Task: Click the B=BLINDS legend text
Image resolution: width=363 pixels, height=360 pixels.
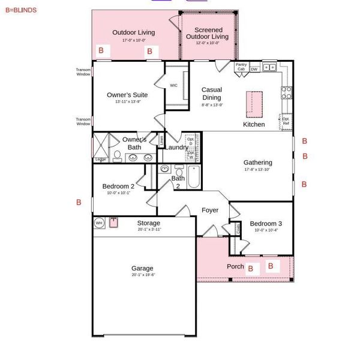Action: pyautogui.click(x=21, y=10)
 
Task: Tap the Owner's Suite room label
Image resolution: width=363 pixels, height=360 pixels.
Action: pyautogui.click(x=127, y=95)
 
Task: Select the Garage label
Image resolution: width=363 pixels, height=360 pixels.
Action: pyautogui.click(x=143, y=268)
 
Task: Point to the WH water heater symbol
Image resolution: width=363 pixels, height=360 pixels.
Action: pyautogui.click(x=99, y=223)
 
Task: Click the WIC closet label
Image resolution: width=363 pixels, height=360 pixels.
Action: pyautogui.click(x=174, y=86)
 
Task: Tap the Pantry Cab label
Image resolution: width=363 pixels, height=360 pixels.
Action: pyautogui.click(x=241, y=67)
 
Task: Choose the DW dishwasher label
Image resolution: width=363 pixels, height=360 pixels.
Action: pyautogui.click(x=254, y=69)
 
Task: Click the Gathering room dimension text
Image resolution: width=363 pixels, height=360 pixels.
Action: pyautogui.click(x=258, y=170)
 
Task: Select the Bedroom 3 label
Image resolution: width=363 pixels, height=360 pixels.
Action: pyautogui.click(x=266, y=223)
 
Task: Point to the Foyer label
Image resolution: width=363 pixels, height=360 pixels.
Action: pyautogui.click(x=210, y=211)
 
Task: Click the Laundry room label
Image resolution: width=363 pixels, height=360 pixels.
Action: pyautogui.click(x=176, y=148)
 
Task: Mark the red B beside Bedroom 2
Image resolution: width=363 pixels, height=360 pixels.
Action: pyautogui.click(x=79, y=203)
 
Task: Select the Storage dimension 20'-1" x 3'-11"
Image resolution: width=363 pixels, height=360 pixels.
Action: pyautogui.click(x=148, y=229)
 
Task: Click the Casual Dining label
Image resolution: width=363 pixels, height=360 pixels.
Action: pyautogui.click(x=212, y=94)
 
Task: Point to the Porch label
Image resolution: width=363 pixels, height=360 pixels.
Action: pyautogui.click(x=235, y=266)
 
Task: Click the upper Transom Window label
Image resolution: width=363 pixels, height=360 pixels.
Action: pyautogui.click(x=83, y=71)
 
